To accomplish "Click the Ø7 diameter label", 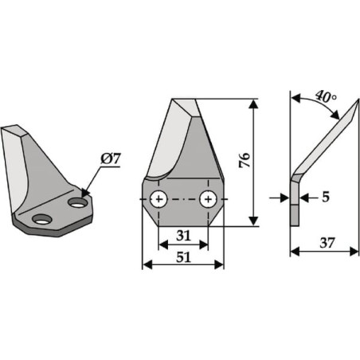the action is [x=111, y=159].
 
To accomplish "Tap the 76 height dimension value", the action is [x=245, y=160].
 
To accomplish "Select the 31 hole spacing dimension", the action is [x=183, y=236].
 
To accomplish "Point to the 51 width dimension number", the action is [x=183, y=257].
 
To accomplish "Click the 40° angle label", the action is [x=327, y=97].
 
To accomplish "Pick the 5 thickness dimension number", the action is [x=326, y=197].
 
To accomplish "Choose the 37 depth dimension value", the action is [x=327, y=243].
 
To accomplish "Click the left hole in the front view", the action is [x=158, y=199].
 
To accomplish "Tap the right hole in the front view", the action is [x=209, y=199].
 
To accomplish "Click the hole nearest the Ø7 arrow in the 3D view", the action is [x=77, y=203].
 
